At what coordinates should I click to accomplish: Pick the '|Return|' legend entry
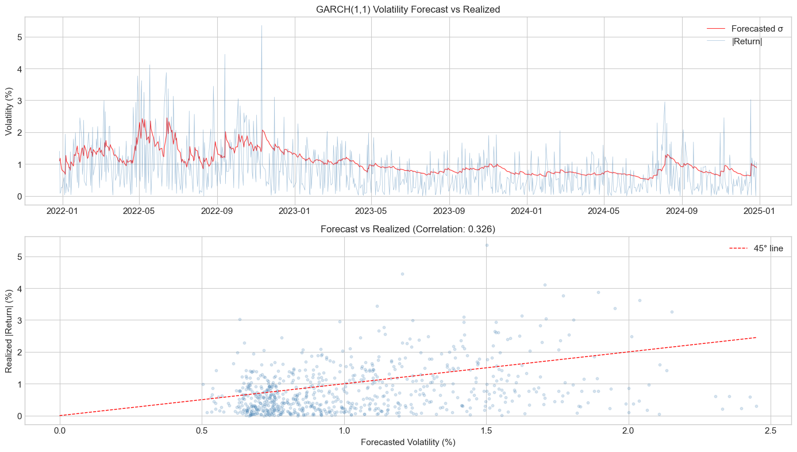(746, 41)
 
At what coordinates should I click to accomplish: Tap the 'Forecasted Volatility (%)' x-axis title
(407, 442)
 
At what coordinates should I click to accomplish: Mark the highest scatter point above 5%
(487, 245)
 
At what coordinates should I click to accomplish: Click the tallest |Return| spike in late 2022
(261, 26)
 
